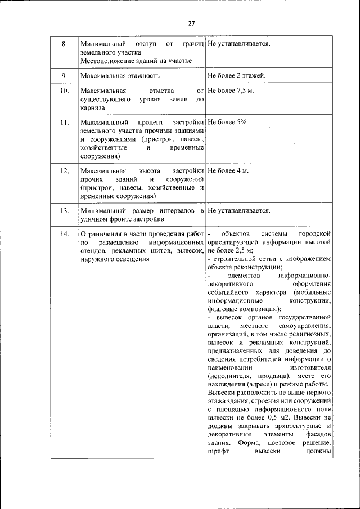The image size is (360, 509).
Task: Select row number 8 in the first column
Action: [64, 43]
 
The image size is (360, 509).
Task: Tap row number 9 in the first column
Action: [64, 75]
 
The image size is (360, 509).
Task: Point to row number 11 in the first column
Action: [64, 122]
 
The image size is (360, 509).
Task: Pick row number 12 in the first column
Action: [64, 170]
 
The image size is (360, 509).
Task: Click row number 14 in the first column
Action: [64, 233]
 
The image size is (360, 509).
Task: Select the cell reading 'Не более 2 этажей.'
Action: [236, 75]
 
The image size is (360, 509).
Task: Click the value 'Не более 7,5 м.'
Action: [231, 91]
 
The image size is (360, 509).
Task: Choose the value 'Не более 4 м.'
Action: [228, 170]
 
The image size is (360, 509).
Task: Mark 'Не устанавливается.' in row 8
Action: [238, 43]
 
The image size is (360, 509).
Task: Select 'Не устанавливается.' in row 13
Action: [238, 211]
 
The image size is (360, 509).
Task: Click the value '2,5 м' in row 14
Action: [242, 250]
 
